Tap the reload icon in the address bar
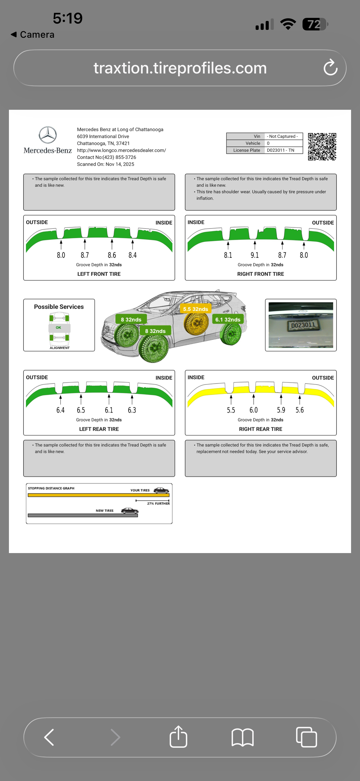pos(330,68)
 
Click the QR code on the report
pos(322,146)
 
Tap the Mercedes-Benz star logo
pos(47,135)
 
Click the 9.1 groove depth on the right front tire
pos(255,255)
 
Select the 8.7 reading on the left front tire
pos(85,255)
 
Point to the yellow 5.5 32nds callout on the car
pos(195,309)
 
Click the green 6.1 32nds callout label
pos(227,319)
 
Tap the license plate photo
pos(301,325)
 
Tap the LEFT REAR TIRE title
pos(99,429)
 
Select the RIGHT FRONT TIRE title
pos(260,274)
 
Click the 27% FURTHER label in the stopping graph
pos(158,503)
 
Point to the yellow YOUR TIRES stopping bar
pos(99,495)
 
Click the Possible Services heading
pos(59,306)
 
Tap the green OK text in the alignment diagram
pos(59,327)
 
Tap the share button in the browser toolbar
pos(178,737)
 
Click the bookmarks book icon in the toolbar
pos(243,737)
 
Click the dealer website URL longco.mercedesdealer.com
pos(121,150)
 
